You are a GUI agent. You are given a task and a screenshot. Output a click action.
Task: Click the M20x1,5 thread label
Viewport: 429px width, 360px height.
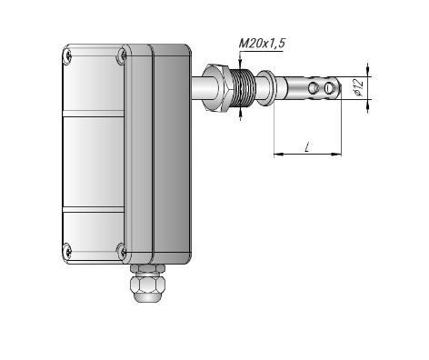262,44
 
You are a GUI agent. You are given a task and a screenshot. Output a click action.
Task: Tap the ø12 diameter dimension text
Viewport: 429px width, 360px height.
358,87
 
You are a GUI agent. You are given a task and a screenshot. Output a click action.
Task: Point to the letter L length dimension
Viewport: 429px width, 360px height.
308,147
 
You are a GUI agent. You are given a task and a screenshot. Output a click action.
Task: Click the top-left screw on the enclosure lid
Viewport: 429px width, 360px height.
68,56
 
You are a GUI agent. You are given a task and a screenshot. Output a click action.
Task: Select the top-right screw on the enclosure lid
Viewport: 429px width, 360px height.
123,55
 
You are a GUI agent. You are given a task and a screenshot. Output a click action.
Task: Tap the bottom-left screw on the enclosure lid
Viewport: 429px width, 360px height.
68,252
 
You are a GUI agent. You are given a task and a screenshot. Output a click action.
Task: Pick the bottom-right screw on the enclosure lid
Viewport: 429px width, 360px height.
123,252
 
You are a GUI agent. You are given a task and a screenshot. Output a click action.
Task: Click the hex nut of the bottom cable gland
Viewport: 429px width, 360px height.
147,285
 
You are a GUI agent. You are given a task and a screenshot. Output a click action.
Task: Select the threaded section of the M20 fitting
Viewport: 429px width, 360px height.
244,87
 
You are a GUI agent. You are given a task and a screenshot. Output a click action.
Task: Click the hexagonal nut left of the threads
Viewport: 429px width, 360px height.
217,87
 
